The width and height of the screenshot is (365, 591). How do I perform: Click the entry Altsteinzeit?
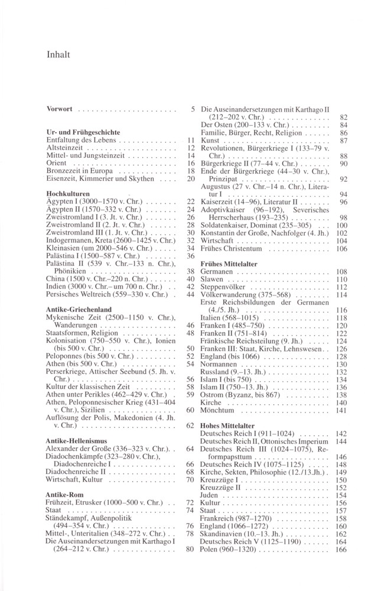click(x=65, y=147)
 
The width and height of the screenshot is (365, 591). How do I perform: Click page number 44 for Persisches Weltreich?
click(x=190, y=294)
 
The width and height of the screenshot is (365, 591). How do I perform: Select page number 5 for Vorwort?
click(x=193, y=109)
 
